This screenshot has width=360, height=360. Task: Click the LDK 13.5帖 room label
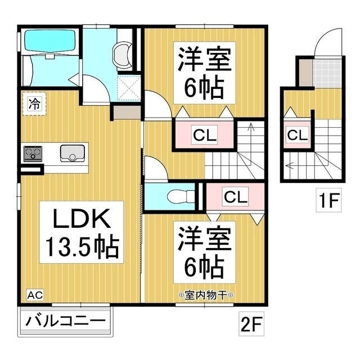point(82,232)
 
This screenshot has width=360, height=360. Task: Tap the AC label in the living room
point(35,295)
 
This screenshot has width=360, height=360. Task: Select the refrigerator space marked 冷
point(34,103)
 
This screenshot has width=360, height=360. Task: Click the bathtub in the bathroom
point(50,41)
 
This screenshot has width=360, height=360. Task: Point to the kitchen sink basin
point(73,153)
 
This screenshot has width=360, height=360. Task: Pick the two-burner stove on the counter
point(33,154)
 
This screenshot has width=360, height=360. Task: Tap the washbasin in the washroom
point(122,54)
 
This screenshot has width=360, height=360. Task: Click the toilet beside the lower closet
point(181,196)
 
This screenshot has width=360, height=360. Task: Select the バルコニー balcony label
point(65,321)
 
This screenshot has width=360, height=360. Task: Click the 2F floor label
point(251,324)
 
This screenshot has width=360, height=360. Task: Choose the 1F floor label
point(328,200)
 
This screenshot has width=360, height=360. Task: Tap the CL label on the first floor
point(298,135)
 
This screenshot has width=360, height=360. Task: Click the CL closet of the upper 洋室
point(205,135)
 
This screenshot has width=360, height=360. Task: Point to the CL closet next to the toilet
point(235,196)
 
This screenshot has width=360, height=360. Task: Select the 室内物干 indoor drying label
point(206,295)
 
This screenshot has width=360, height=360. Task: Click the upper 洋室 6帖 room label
point(204,73)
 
